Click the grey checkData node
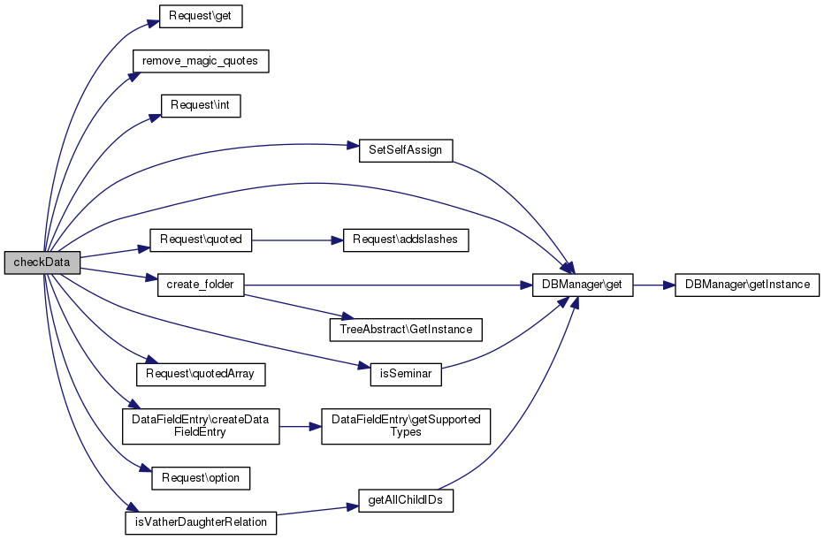coord(42,262)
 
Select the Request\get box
coord(201,16)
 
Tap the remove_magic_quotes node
coord(200,61)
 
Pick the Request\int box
coord(201,105)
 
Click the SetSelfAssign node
coord(406,150)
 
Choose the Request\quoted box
coord(201,239)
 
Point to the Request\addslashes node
coord(406,240)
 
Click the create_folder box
coord(201,285)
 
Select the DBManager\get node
coord(583,285)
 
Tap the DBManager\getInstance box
coord(747,285)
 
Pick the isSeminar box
coord(406,374)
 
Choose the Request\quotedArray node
coord(201,374)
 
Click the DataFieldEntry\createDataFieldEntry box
coord(201,425)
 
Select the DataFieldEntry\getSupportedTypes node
coord(406,425)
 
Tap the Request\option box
coord(201,477)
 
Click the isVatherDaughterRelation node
coord(201,522)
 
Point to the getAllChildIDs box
coord(406,500)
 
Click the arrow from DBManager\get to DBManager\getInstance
coord(653,285)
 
